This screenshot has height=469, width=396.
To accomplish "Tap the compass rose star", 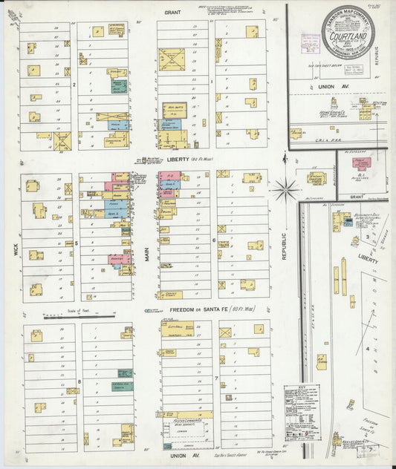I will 285,190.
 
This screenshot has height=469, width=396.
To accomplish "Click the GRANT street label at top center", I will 172,13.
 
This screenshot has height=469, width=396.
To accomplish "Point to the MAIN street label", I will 147,257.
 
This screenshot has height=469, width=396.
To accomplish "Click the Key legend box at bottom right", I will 302,404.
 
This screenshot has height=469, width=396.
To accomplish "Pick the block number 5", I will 77,243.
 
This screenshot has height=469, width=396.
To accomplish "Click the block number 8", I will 78,382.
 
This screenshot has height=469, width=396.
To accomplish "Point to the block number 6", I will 214,240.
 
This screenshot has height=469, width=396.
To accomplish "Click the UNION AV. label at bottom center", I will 181,446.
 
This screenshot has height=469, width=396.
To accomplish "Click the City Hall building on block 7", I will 177,326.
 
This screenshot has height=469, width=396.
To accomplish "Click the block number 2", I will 75,85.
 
